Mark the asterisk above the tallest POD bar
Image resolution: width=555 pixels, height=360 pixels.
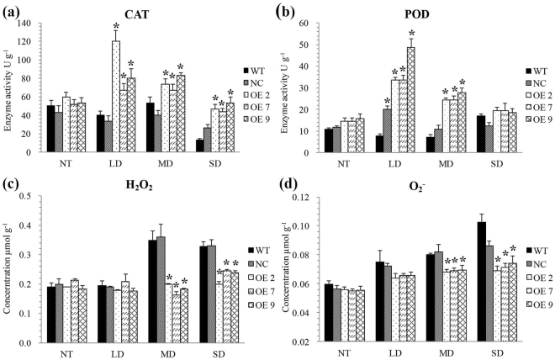411,33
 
